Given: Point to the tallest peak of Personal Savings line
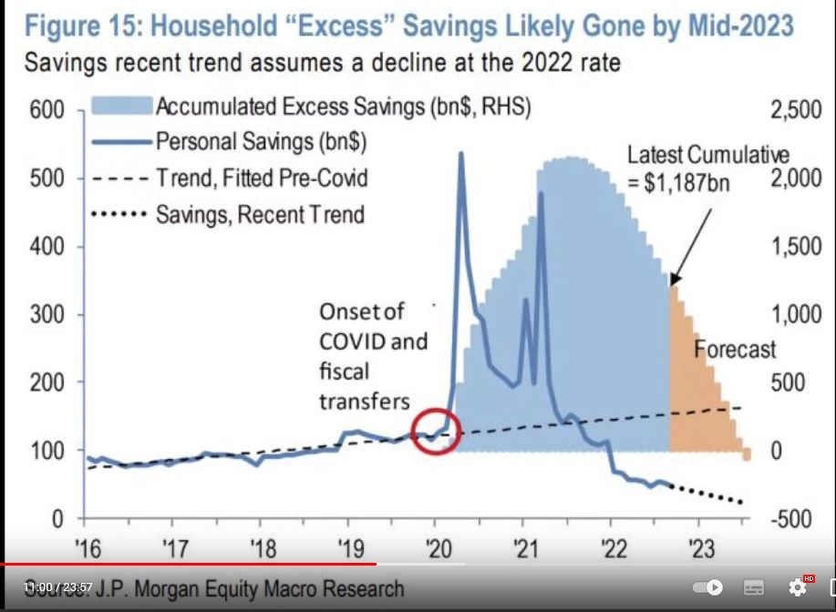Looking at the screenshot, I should pos(459,154).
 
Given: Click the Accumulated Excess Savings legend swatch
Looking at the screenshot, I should pos(120,107).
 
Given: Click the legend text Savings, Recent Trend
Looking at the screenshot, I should pos(261,215).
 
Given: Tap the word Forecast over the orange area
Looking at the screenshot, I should pos(735,349).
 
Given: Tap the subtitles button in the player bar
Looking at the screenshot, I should pos(754,587).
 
